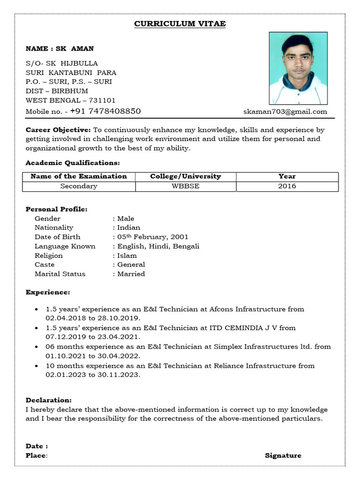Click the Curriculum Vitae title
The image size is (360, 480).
pyautogui.click(x=180, y=24)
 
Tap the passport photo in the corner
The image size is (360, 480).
pyautogui.click(x=298, y=68)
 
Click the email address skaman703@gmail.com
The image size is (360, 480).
pyautogui.click(x=285, y=112)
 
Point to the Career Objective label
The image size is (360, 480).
pyautogui.click(x=58, y=130)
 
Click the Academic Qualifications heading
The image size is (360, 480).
pyautogui.click(x=73, y=163)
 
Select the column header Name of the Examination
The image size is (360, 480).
pyautogui.click(x=79, y=176)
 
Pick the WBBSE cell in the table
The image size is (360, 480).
pyautogui.click(x=185, y=186)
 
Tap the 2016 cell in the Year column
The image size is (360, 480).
pyautogui.click(x=286, y=186)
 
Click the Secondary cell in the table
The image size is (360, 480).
pyautogui.click(x=79, y=186)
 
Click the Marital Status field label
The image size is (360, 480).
pyautogui.click(x=60, y=274)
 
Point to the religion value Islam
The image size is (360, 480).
pyautogui.click(x=127, y=255)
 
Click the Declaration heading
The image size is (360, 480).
pyautogui.click(x=49, y=400)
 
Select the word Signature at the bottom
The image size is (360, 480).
pyautogui.click(x=283, y=455)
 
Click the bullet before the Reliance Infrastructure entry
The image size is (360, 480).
pyautogui.click(x=37, y=366)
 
